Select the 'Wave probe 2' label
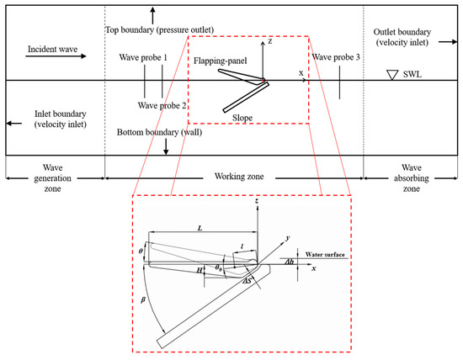click(162, 106)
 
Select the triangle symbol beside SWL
click(391, 75)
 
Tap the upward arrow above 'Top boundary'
click(152, 14)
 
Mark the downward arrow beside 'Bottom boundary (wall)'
click(166, 146)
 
